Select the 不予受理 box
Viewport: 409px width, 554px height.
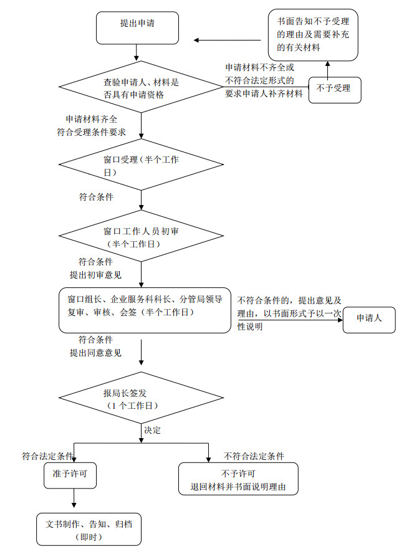335,88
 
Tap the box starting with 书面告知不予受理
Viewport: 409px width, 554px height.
313,35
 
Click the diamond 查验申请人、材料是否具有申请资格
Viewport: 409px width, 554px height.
141,88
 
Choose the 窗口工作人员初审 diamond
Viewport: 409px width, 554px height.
141,236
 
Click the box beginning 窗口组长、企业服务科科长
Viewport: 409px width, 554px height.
145,309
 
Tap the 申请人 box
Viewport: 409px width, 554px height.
368,318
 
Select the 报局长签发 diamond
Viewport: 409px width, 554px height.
141,398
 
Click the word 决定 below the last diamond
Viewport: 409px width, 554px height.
153,431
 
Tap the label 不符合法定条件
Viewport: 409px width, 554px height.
254,456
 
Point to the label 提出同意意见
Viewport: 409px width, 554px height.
95,353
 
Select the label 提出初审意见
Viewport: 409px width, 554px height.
95,274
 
